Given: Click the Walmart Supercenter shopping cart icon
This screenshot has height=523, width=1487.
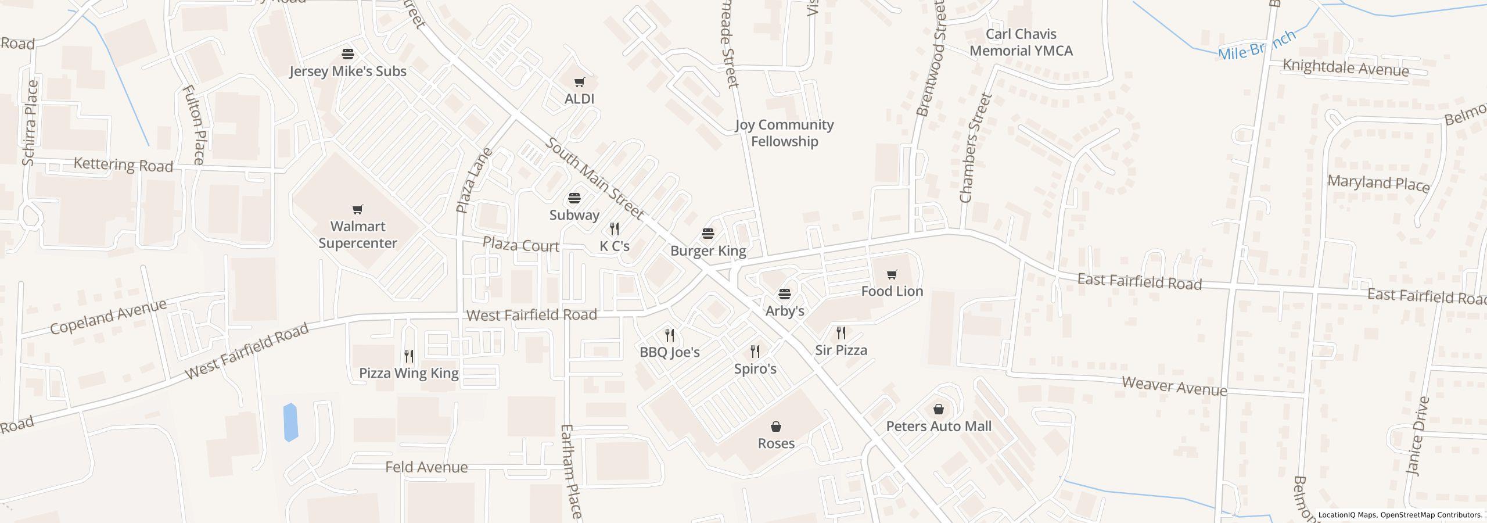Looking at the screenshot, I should (x=358, y=209).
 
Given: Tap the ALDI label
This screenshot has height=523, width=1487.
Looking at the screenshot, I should (x=579, y=99).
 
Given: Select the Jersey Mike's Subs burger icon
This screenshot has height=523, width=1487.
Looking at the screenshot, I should (x=348, y=54).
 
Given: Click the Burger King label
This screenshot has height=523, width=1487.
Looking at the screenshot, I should (x=708, y=251).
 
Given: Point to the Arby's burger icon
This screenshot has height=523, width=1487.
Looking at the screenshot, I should (x=785, y=294).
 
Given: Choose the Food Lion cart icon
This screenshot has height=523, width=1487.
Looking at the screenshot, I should (x=892, y=274).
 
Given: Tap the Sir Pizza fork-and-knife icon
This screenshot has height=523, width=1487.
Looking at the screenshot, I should (x=841, y=333).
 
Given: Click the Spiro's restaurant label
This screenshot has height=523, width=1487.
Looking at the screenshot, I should (x=755, y=369).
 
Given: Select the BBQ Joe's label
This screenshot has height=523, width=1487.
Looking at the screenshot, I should (x=670, y=352).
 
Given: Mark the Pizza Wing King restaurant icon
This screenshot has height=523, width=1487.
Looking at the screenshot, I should (x=409, y=356).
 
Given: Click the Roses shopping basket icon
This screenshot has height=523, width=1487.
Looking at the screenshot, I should (x=776, y=427).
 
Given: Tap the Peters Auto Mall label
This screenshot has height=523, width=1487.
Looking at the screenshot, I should (x=939, y=427).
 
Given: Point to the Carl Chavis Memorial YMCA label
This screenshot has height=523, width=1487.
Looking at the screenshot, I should (x=1021, y=42).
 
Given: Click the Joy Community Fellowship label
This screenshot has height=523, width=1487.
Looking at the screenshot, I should (x=784, y=133).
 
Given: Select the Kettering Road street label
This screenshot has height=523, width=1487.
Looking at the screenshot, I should (x=123, y=166).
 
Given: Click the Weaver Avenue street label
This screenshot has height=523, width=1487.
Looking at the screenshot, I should (x=1174, y=386).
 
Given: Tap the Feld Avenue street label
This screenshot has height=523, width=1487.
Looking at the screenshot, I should (x=426, y=467).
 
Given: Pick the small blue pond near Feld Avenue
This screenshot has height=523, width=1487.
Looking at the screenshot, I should (x=290, y=422).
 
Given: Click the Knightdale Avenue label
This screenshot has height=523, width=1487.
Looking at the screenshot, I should (x=1345, y=69).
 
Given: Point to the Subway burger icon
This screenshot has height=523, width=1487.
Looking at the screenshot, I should (x=574, y=199).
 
